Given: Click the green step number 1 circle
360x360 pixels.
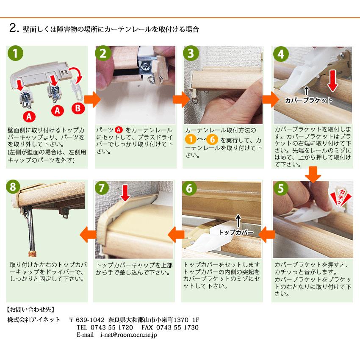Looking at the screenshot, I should pos(15,54).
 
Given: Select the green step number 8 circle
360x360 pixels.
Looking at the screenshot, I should pos(14,187).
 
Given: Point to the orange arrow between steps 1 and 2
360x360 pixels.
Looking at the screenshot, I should pos(91,99).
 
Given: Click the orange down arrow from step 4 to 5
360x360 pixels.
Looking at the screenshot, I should pos(313,174).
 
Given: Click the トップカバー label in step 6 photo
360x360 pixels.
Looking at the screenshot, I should pos(236,233).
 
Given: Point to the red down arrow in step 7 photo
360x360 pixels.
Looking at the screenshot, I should pos(125,193).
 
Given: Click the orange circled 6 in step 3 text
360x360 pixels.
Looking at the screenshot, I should pos(214,139).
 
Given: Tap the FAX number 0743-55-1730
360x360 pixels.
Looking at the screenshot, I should pos(177,327).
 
